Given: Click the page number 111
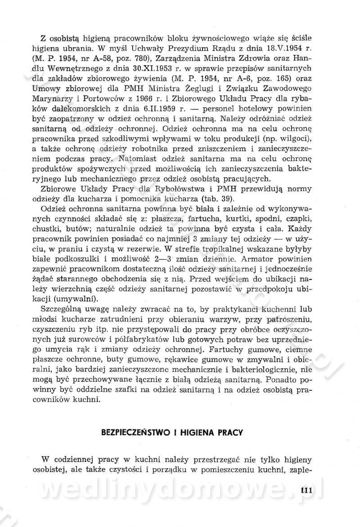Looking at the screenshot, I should point(305,490).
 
